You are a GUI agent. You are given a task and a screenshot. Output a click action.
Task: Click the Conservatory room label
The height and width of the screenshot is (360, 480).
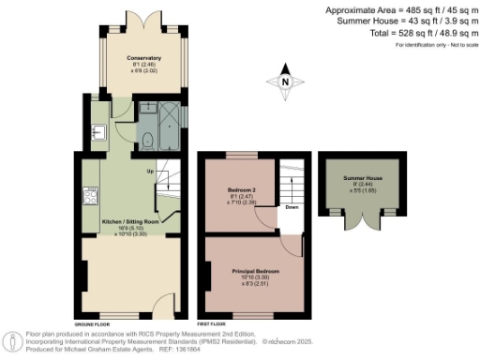click(144, 59)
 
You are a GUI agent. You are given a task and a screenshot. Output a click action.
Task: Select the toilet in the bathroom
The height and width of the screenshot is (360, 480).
click(148, 142)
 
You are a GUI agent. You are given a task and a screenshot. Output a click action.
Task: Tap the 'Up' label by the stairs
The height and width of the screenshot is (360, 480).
click(150, 172)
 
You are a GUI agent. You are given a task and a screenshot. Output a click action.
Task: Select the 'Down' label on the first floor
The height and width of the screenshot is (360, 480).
click(292, 208)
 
